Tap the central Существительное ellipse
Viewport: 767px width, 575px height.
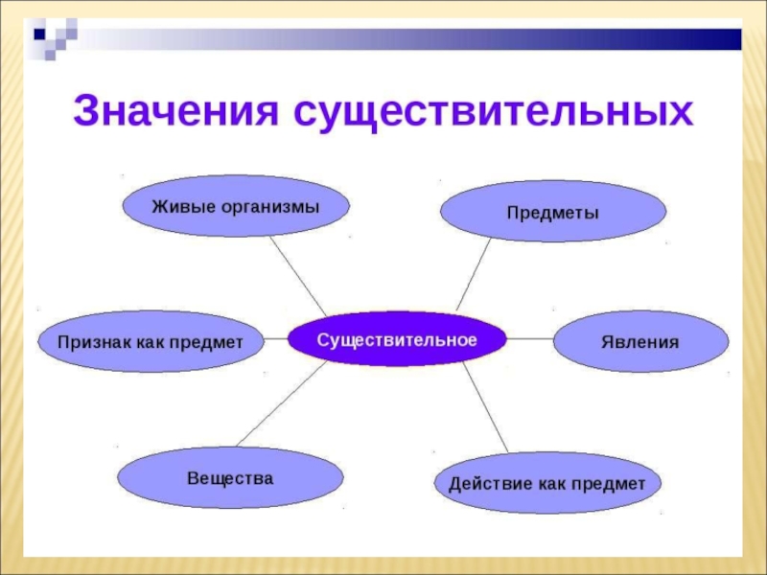(x=397, y=339)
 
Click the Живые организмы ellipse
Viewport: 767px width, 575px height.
(x=236, y=206)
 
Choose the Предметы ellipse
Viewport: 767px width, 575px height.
(x=552, y=211)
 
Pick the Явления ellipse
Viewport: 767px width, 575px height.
(x=640, y=341)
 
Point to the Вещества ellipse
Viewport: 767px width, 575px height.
(x=230, y=476)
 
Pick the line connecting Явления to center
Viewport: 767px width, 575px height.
(x=529, y=339)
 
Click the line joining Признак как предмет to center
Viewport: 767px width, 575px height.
(x=276, y=339)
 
